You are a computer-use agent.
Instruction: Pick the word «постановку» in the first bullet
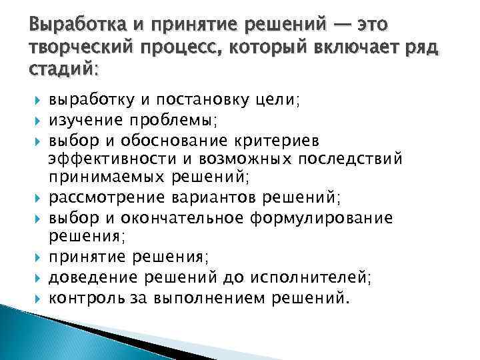(196, 101)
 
